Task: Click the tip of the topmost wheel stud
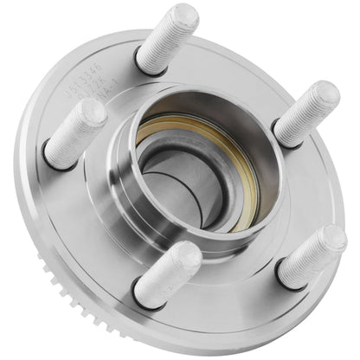[184, 15]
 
